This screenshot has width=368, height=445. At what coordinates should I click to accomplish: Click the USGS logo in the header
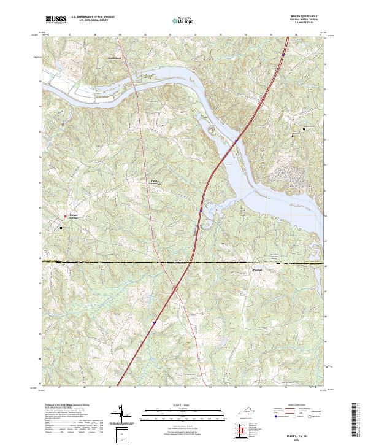coord(55,20)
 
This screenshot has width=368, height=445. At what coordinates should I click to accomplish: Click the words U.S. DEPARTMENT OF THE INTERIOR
coord(93,17)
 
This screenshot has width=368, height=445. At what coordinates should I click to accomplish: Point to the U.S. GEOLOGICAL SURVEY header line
coord(93,20)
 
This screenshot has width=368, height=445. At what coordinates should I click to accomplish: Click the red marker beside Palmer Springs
coord(66,216)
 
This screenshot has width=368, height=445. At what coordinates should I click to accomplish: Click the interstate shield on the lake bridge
coord(236,141)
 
